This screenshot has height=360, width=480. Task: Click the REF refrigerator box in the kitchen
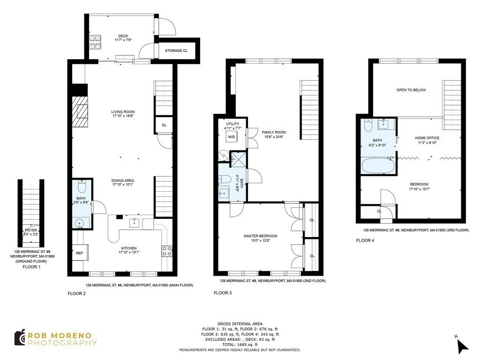coord(79,253)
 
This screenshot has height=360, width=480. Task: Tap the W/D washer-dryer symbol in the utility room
coord(231,137)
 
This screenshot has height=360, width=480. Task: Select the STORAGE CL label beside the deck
coord(176,50)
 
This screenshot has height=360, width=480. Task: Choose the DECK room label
coord(123,36)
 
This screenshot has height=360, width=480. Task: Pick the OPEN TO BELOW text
coord(411,90)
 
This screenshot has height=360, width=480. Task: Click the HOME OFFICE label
coord(427,138)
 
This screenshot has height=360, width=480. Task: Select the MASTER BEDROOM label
coord(260,236)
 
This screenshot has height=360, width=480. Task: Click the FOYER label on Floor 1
coord(31,230)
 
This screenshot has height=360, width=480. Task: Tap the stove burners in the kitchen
coord(166,251)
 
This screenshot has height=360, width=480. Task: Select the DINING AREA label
coord(123,180)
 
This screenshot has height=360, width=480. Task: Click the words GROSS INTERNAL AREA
coord(240,324)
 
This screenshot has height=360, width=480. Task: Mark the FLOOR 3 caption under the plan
coord(223,293)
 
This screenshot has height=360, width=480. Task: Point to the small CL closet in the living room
coord(164,125)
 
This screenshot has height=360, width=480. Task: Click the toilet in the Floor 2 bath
coord(82,187)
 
